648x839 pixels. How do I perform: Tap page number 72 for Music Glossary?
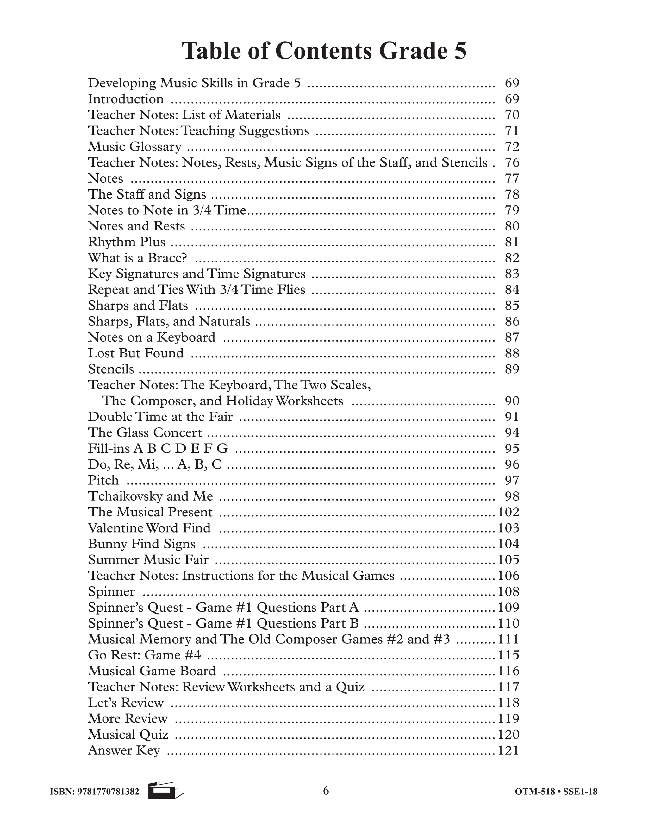(x=512, y=147)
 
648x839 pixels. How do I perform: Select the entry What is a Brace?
(x=137, y=258)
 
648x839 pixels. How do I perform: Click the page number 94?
(x=512, y=432)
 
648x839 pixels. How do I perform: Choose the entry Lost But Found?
(x=135, y=353)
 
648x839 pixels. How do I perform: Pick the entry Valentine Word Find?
(x=149, y=528)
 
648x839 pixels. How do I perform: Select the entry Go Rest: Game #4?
(x=144, y=655)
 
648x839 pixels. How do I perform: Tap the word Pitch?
(x=103, y=480)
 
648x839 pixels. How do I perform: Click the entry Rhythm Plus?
(x=126, y=242)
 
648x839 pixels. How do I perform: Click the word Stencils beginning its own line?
(x=111, y=369)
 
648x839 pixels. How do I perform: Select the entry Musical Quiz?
(x=128, y=735)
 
